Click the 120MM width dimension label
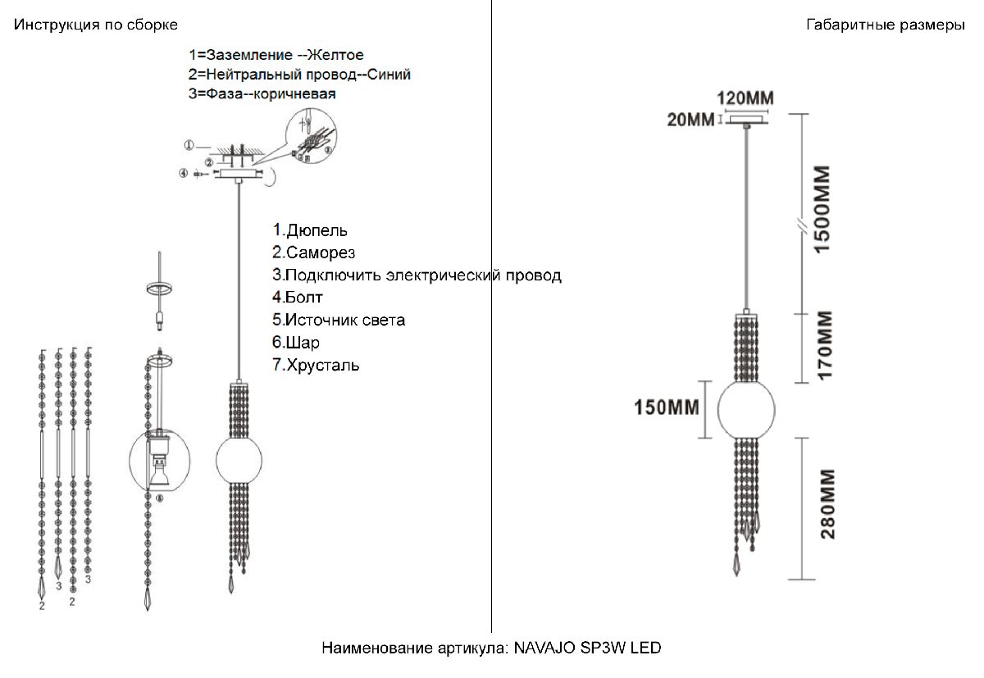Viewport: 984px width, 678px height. coord(745,98)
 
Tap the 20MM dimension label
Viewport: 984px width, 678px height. coord(690,121)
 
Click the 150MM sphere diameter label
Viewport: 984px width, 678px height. coord(666,407)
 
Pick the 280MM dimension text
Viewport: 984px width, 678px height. coord(827,503)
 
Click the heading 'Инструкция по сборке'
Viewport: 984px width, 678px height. coord(95,25)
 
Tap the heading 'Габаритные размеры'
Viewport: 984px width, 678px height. coord(886,25)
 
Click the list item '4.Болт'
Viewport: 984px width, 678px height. coord(298,297)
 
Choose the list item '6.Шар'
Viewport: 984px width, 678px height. coord(297,342)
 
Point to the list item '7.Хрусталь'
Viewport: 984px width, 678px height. coord(316,365)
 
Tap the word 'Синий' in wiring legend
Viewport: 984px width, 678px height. coord(389,75)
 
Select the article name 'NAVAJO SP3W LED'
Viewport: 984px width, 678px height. coord(587,648)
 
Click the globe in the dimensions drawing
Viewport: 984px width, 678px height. coord(746,409)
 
